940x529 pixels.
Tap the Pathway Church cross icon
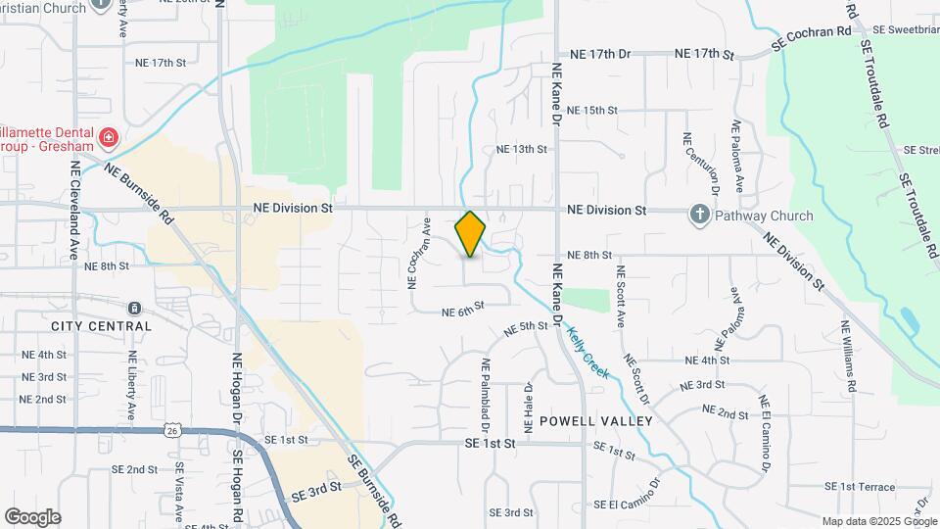click(x=700, y=215)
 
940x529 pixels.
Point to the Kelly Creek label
click(x=587, y=353)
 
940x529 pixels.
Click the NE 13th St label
click(x=521, y=149)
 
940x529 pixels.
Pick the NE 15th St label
click(x=591, y=111)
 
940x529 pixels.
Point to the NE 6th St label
click(x=463, y=313)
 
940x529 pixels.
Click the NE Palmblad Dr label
click(x=484, y=396)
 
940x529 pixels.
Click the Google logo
click(x=32, y=517)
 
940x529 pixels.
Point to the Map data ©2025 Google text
click(x=878, y=522)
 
